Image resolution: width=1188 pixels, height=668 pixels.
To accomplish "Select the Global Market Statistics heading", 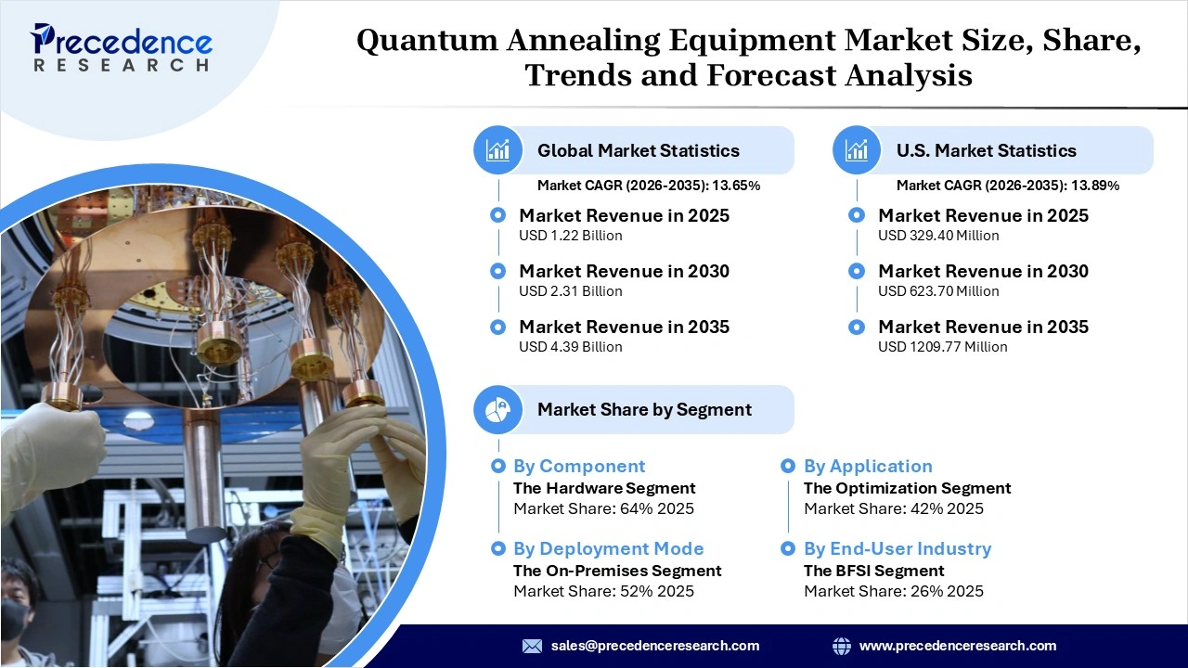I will (638, 150).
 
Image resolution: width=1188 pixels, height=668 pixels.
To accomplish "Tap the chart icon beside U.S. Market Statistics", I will (857, 150).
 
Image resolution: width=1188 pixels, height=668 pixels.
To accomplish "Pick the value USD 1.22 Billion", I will (570, 236).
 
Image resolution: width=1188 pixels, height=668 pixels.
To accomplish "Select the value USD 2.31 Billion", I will (570, 291).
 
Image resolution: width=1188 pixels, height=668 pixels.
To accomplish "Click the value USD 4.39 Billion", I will (570, 347).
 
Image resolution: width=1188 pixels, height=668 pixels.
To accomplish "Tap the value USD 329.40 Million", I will (938, 236).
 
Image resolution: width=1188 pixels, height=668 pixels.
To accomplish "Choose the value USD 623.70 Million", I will (938, 291).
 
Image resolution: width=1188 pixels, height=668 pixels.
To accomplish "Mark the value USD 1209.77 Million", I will (942, 347).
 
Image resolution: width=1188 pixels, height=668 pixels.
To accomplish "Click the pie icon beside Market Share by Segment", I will (497, 410).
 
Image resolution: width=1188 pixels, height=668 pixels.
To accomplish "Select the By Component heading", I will (578, 467).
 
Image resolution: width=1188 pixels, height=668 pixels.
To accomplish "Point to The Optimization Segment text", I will (907, 488).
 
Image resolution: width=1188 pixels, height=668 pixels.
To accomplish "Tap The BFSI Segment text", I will (873, 571).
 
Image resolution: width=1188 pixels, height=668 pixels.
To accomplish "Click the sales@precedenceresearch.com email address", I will (654, 646).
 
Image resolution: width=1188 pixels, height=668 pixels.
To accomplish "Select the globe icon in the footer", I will (842, 646).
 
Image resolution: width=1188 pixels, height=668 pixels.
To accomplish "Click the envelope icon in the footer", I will (532, 646).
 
